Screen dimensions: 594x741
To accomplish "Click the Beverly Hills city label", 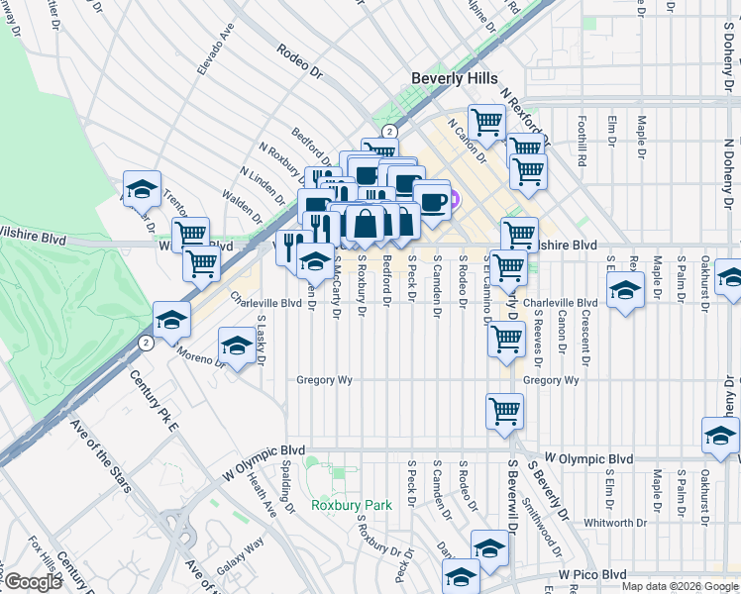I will click(455, 78).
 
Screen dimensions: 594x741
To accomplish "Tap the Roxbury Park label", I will click(352, 505).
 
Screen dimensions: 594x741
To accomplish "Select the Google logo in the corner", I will click(33, 582).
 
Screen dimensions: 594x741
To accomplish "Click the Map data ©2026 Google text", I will click(680, 586).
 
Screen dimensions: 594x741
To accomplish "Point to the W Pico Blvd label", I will click(591, 574).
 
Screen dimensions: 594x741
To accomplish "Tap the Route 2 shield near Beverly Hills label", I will click(390, 131).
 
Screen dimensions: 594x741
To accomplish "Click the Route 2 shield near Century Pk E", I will click(147, 343).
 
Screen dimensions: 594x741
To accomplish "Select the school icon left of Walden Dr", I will click(142, 188).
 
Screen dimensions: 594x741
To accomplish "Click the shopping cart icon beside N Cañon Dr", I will click(486, 123).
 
